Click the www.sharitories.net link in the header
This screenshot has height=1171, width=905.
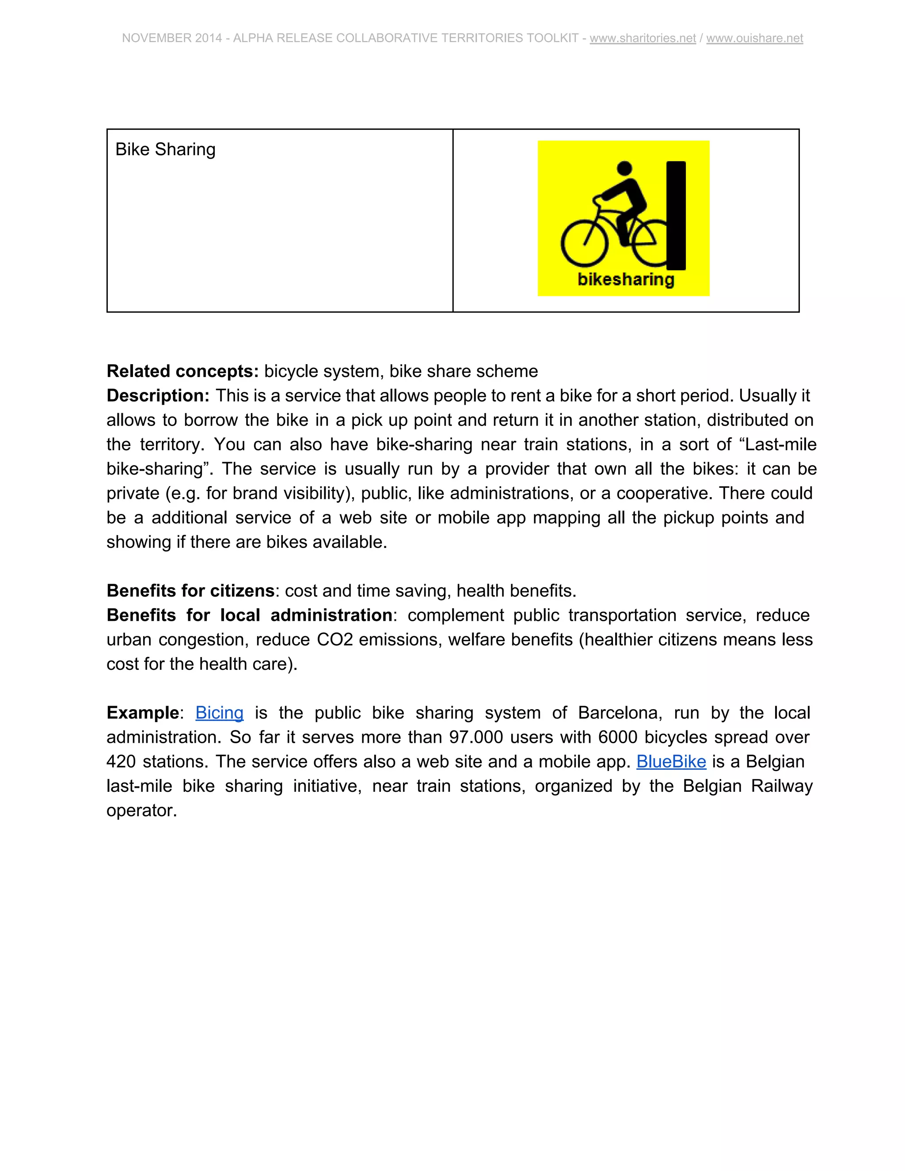[642, 38]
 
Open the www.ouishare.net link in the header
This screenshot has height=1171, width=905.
[754, 38]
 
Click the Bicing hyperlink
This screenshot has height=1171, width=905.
[219, 713]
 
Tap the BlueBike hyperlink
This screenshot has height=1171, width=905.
[671, 761]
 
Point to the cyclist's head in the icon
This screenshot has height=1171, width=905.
[624, 168]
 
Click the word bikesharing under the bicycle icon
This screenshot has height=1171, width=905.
[626, 279]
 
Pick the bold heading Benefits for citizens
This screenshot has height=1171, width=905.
[190, 590]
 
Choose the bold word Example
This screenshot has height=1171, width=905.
[143, 713]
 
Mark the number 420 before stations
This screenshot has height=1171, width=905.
[121, 761]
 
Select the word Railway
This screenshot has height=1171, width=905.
[782, 786]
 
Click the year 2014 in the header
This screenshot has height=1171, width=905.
[209, 38]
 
